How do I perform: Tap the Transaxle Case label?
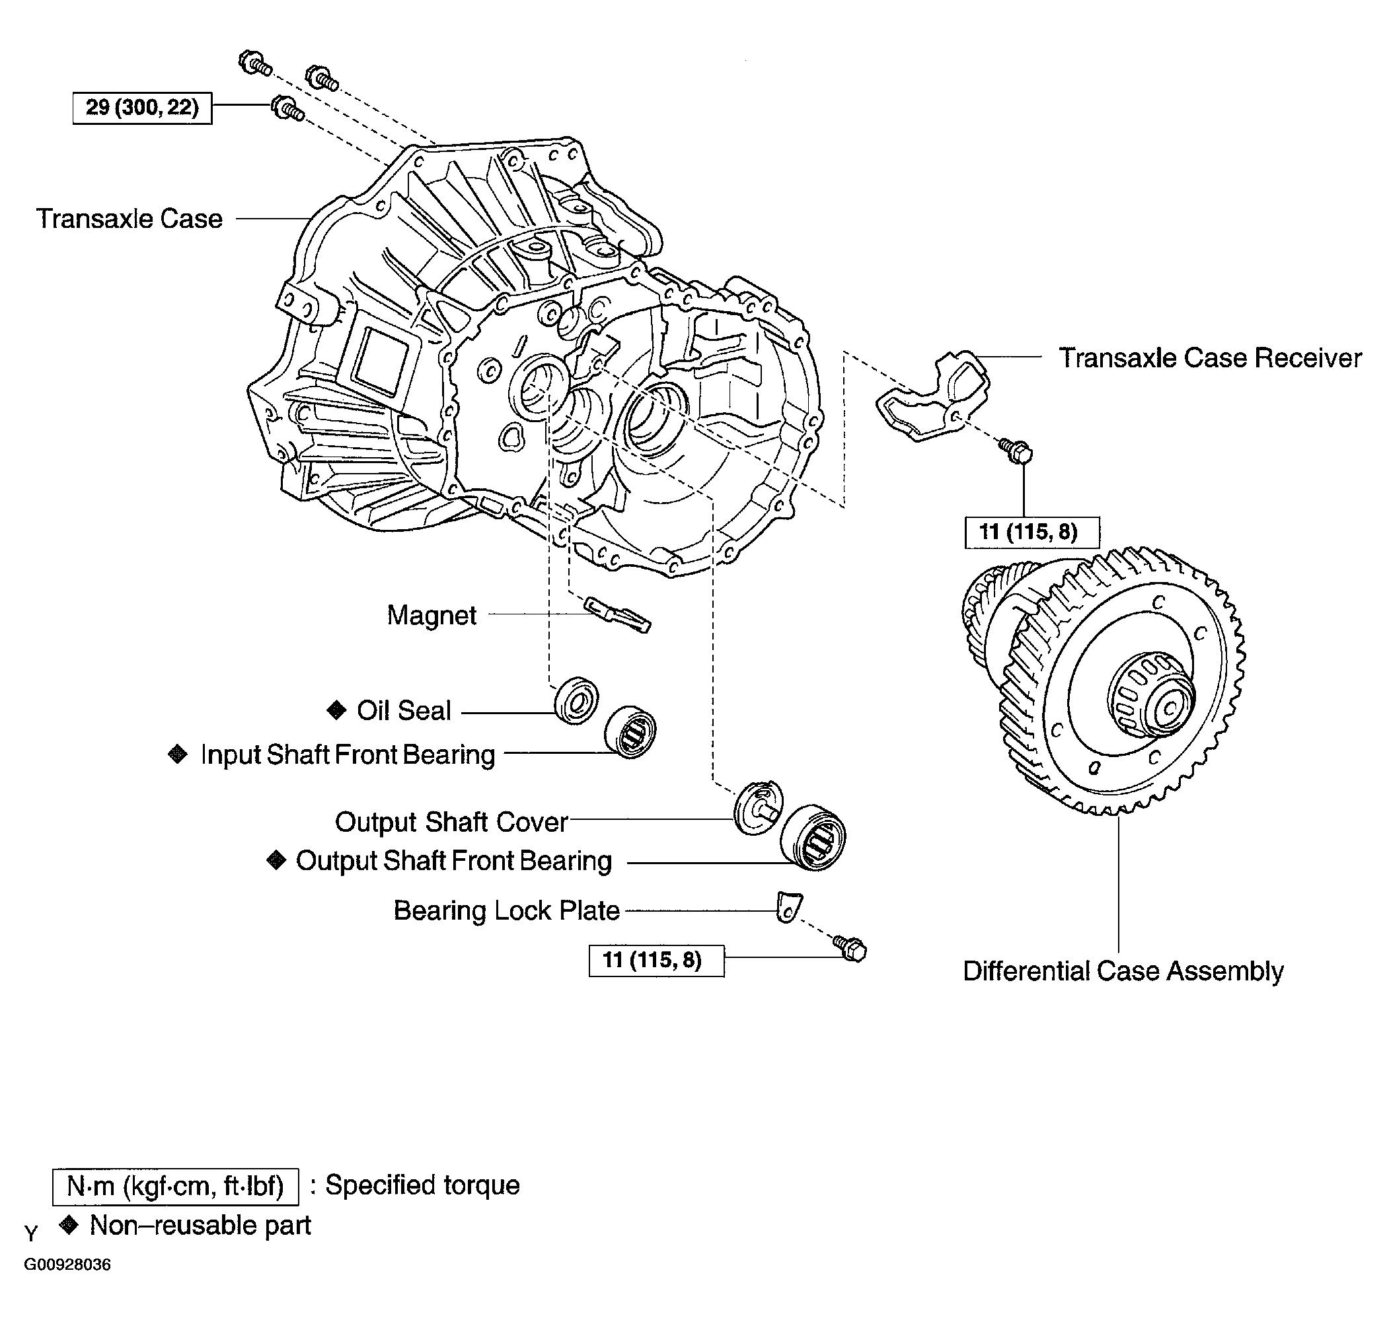click(130, 219)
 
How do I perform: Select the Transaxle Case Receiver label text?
click(1210, 357)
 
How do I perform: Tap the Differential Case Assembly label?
click(1123, 971)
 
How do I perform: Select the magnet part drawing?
click(617, 614)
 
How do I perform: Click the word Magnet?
click(431, 615)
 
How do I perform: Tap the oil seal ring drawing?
click(577, 701)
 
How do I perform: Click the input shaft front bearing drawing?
click(630, 732)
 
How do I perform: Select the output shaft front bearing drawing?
click(813, 836)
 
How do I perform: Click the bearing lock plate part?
click(788, 907)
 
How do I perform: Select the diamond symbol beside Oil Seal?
click(337, 710)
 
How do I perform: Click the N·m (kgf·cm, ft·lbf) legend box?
click(175, 1187)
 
